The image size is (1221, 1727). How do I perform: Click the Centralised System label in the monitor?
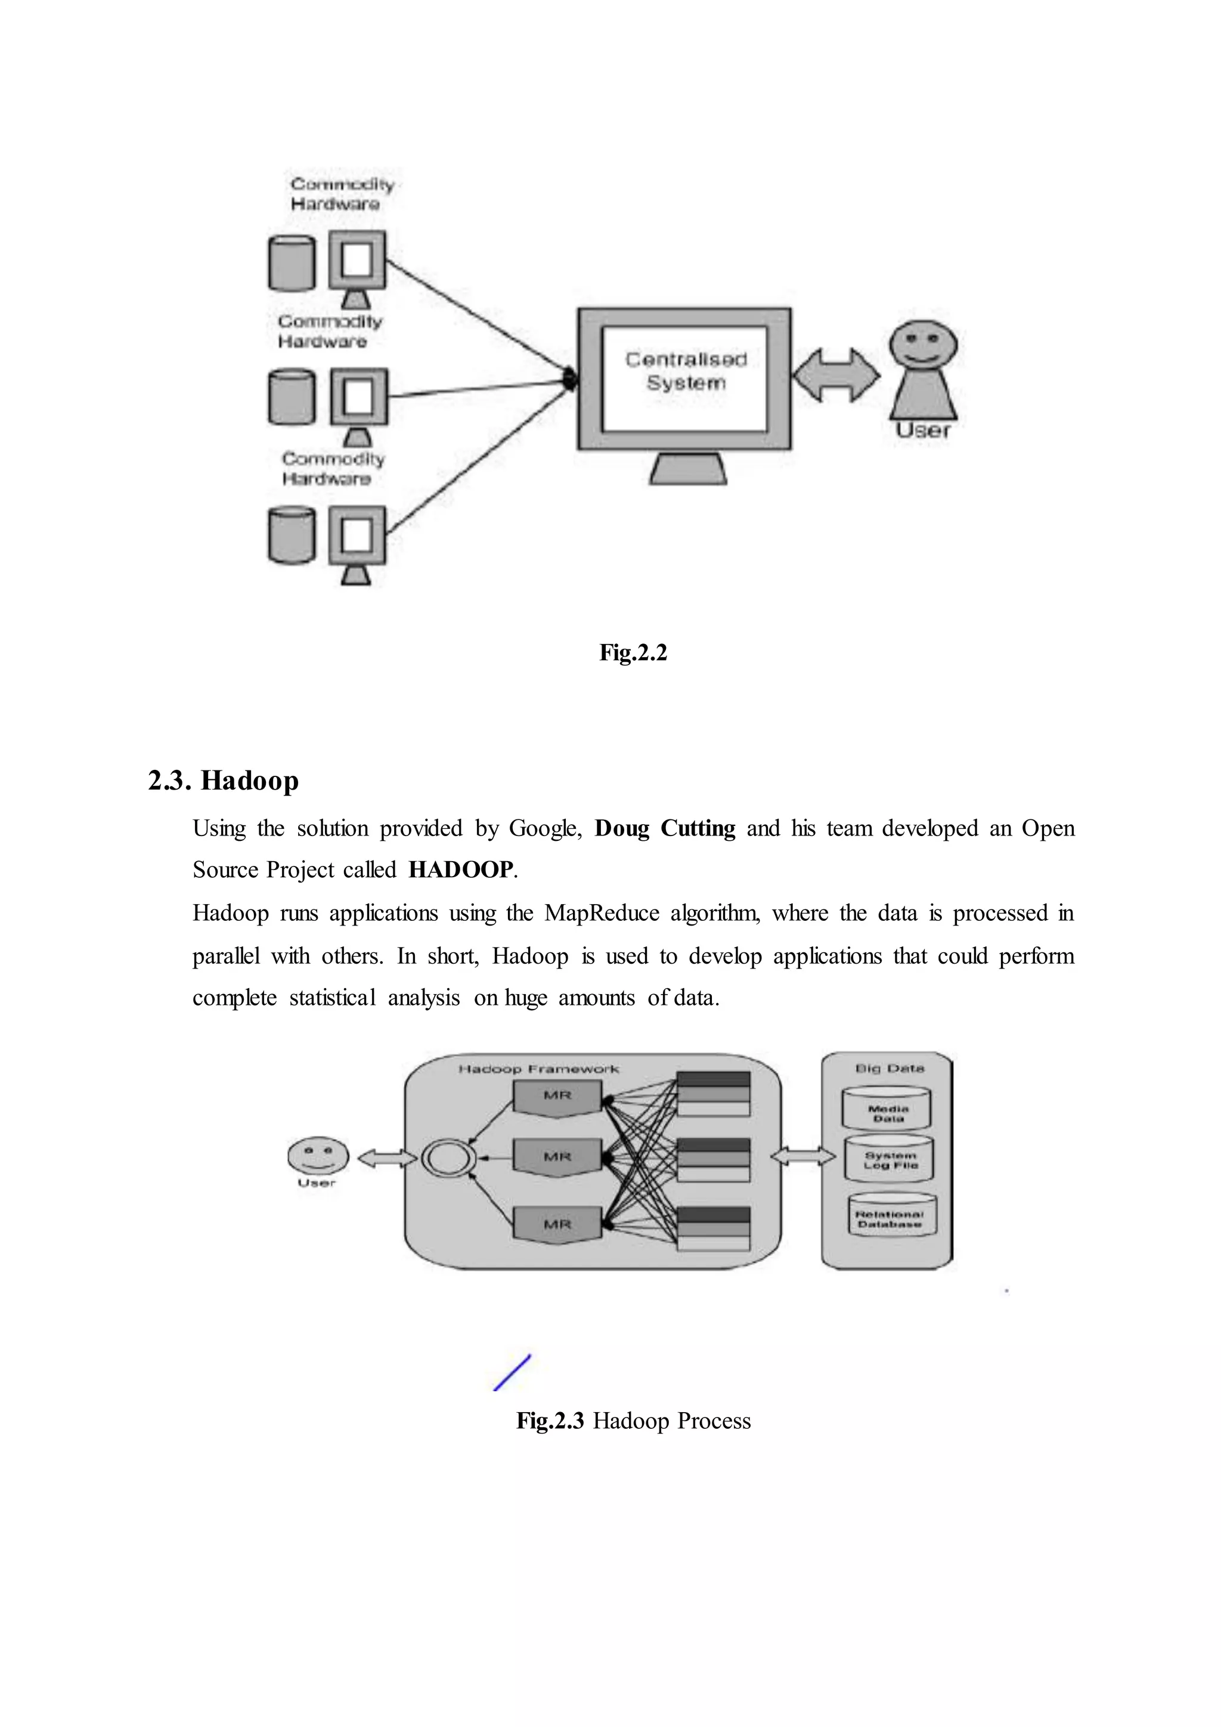coord(685,371)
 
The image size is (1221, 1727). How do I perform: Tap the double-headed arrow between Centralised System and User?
coord(835,375)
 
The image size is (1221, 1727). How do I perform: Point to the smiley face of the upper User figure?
coord(924,343)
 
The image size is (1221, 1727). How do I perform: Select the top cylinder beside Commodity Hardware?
coord(291,262)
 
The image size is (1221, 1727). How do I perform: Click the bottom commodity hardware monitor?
coord(357,536)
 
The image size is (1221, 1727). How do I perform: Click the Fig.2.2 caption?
coord(633,652)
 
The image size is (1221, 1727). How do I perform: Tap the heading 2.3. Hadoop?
coord(224,780)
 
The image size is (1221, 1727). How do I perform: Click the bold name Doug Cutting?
coord(665,828)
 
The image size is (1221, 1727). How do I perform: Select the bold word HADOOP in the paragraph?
coord(461,869)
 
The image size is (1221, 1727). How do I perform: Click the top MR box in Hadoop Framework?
coord(557,1097)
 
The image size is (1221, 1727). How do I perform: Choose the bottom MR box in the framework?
coord(557,1224)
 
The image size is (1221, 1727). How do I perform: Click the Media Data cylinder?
coord(887,1109)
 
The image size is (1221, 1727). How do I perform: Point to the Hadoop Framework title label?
coord(538,1069)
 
